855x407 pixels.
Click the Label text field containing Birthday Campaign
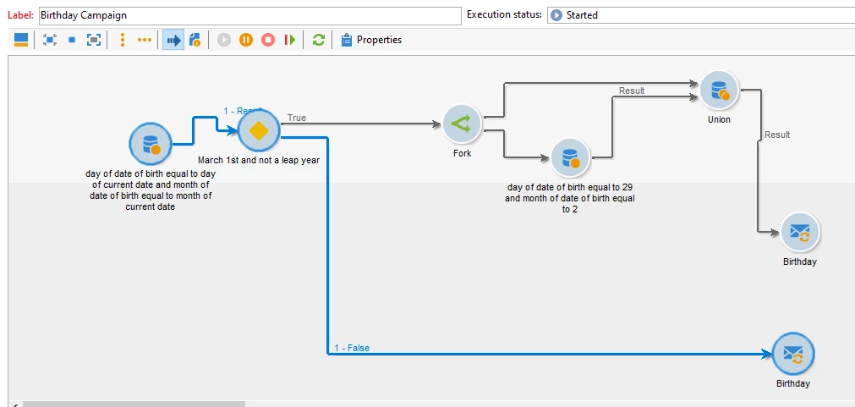coord(249,15)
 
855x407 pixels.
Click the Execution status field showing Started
coord(699,15)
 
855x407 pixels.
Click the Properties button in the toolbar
coord(371,40)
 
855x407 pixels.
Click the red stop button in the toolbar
coord(268,40)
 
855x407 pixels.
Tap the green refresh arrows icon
coord(318,40)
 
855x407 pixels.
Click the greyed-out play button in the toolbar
coord(224,40)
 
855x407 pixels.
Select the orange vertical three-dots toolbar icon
coord(123,40)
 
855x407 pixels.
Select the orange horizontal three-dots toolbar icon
coord(145,40)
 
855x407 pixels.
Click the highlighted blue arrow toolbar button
coord(173,40)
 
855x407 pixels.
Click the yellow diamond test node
coord(259,131)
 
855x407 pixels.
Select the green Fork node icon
coord(461,124)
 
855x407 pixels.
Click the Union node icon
coord(719,90)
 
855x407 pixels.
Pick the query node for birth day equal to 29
coord(569,157)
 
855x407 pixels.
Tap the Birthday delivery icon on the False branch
coord(792,354)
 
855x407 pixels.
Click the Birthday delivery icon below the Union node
coord(799,232)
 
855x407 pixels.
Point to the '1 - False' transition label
coord(352,348)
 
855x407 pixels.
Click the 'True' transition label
coord(297,118)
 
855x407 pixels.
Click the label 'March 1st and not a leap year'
coord(259,159)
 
